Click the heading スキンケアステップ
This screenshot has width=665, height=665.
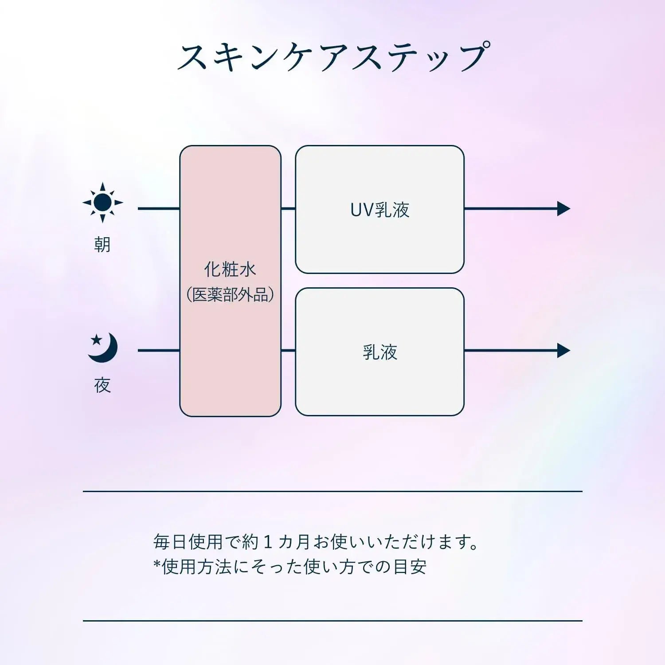pyautogui.click(x=333, y=57)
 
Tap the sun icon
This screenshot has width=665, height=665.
pyautogui.click(x=103, y=203)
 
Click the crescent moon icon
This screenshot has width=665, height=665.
pyautogui.click(x=103, y=348)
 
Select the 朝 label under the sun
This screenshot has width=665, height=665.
pyautogui.click(x=102, y=244)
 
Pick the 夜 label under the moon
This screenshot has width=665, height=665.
pyautogui.click(x=102, y=385)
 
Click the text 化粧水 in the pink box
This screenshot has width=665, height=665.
pyautogui.click(x=230, y=269)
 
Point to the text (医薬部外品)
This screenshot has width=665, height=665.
pyautogui.click(x=230, y=294)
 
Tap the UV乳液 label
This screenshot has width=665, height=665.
pyautogui.click(x=380, y=210)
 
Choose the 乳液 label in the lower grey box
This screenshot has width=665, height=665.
pyautogui.click(x=380, y=352)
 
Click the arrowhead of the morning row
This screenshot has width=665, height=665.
pyautogui.click(x=563, y=208)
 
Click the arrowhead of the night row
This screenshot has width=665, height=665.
pyautogui.click(x=563, y=351)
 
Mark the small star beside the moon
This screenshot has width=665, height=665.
pyautogui.click(x=96, y=340)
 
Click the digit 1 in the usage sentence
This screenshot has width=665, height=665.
pyautogui.click(x=267, y=542)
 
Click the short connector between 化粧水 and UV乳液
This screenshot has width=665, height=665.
pyautogui.click(x=288, y=208)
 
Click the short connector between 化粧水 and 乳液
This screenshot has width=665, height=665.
pyautogui.click(x=288, y=351)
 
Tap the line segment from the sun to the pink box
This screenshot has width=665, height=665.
pyautogui.click(x=159, y=208)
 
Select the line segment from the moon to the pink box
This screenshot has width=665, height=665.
pyautogui.click(x=159, y=351)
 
